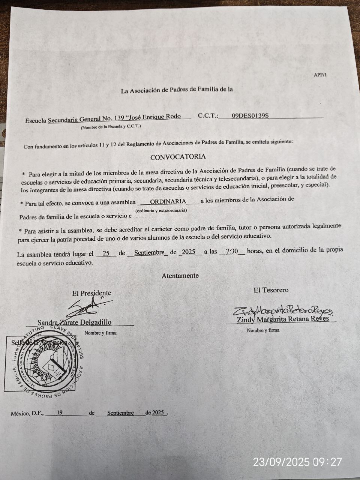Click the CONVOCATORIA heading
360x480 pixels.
(178, 157)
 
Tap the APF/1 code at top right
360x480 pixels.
(320, 75)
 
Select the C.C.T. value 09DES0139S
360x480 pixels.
(250, 116)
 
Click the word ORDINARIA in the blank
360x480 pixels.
(168, 201)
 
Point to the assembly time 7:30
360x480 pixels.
(232, 252)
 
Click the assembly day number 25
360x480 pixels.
(106, 253)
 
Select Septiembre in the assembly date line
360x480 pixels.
(149, 252)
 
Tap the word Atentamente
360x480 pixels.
(180, 276)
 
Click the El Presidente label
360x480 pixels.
(91, 293)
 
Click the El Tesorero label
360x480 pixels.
(271, 290)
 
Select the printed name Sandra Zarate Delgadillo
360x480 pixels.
(74, 322)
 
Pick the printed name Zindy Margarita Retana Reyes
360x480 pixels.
(283, 319)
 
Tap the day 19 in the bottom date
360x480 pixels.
(59, 413)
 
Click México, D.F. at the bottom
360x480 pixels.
(27, 414)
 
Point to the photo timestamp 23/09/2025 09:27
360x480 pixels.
(297, 462)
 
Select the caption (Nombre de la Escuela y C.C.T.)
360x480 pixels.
(111, 127)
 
